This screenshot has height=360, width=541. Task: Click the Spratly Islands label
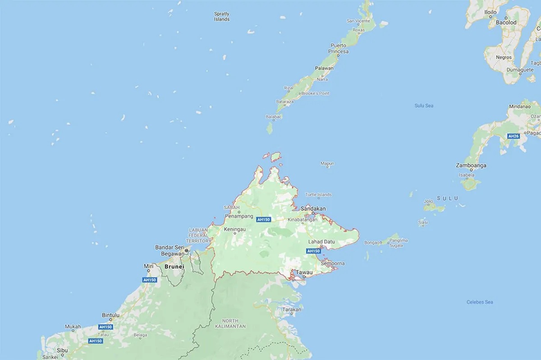coord(221,17)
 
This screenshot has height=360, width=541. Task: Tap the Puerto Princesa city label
coord(339,49)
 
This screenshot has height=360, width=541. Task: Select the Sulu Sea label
coord(424,105)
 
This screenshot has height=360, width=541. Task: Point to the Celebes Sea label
coord(479,302)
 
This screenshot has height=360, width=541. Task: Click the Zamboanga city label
coord(471,165)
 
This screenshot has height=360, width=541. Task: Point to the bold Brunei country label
coord(174,267)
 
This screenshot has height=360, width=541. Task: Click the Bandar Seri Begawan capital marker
coord(186,251)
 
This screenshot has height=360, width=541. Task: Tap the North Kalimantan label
coord(230,323)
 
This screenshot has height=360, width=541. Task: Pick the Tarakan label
coord(291,310)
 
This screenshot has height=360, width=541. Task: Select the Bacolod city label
coord(505,22)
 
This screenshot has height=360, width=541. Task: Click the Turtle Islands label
coord(318,195)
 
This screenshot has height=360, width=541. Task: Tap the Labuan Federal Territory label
coord(199,235)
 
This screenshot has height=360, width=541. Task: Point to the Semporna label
coord(333,263)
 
